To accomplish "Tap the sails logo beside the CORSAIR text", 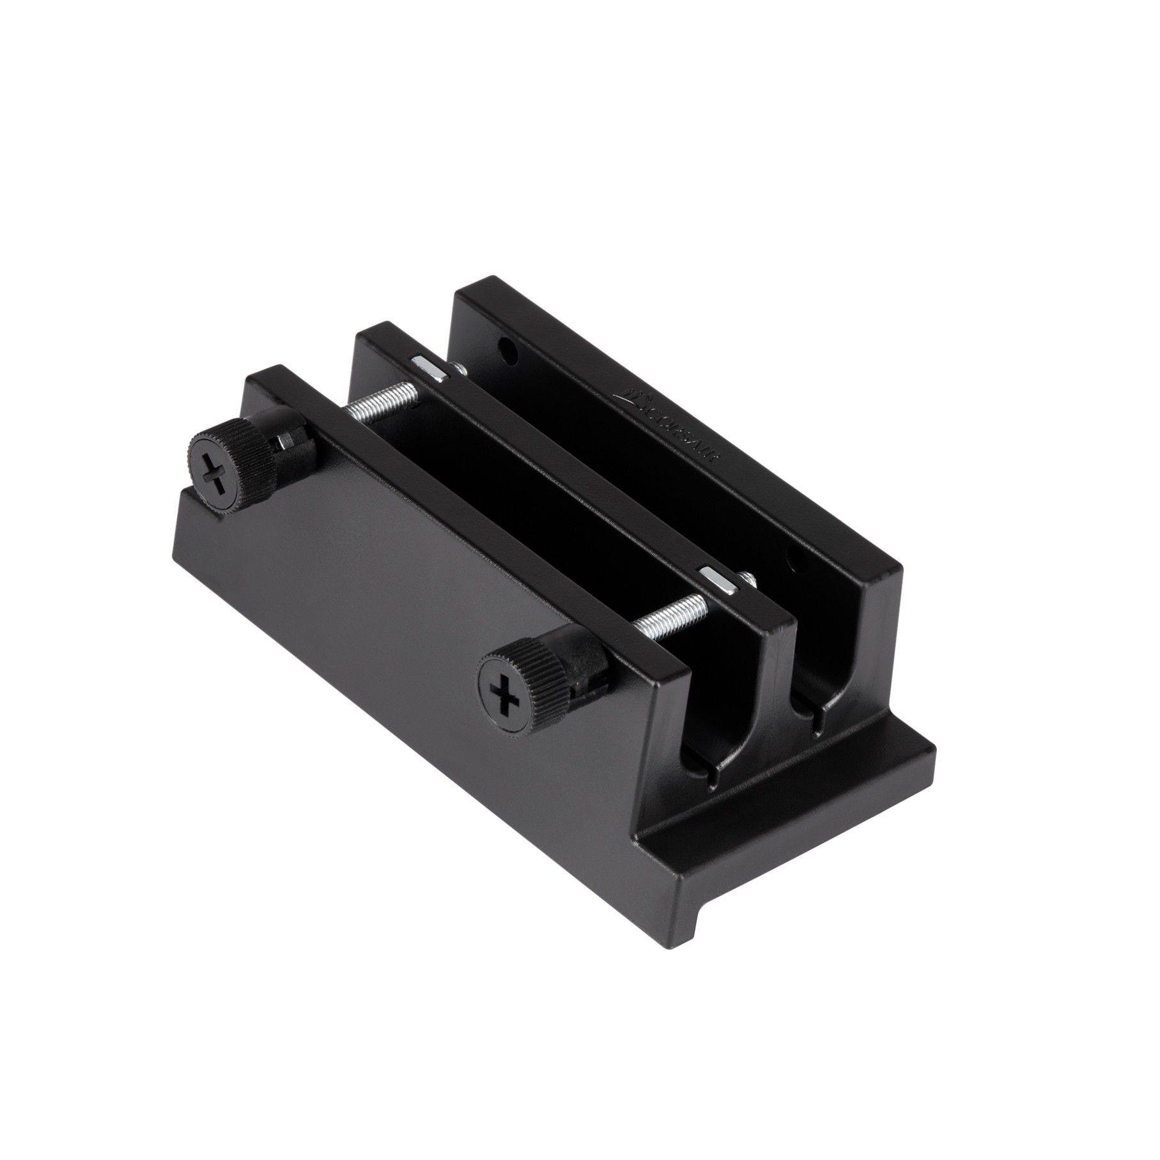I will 633,398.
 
